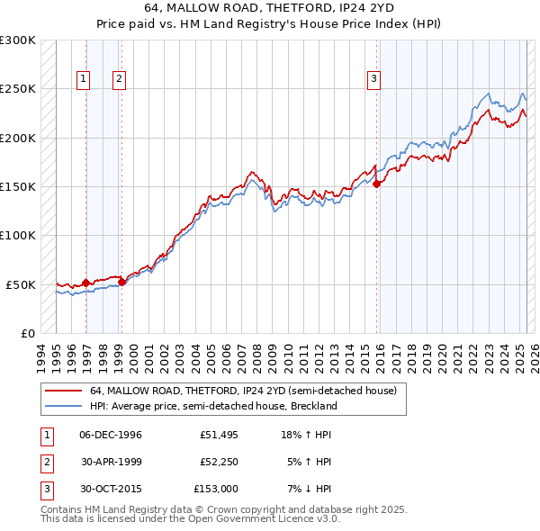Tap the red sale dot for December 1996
85,283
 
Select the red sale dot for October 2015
377,184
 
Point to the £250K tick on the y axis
18,89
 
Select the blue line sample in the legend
63,406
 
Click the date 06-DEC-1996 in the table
111,435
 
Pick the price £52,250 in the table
214,462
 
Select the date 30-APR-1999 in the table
111,462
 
